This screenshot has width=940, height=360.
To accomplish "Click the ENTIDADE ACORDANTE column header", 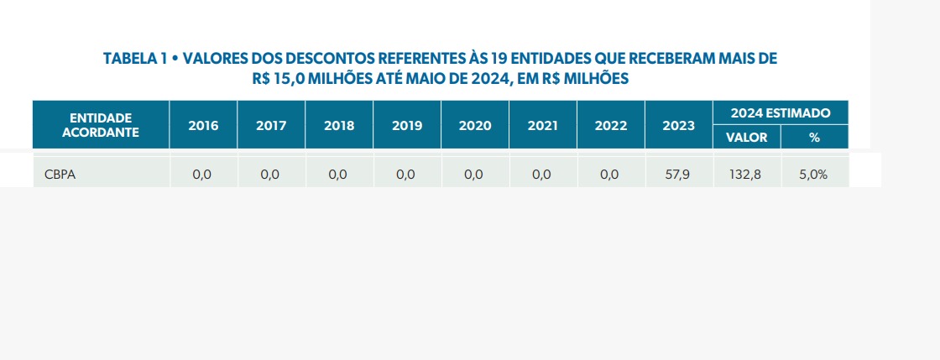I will coord(101,125).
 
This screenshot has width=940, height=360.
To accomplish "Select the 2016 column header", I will coord(203,126).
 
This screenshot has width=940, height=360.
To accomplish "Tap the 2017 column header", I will coord(271,126).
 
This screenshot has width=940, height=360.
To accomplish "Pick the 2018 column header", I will coord(339,126).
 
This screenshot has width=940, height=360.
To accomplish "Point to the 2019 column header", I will coord(407,126).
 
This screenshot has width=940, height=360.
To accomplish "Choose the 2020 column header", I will coord(475,126).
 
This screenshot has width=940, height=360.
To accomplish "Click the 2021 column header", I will coord(543,126).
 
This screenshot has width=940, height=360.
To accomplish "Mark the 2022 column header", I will coord(611,126).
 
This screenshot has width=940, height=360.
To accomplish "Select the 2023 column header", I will coord(678,126).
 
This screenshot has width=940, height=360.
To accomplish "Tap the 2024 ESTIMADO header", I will coord(781,112).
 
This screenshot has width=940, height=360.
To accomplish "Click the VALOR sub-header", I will coord(746,138).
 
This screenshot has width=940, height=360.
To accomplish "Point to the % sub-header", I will coord(814,138).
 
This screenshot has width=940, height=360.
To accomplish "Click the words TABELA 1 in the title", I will coord(134,60).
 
